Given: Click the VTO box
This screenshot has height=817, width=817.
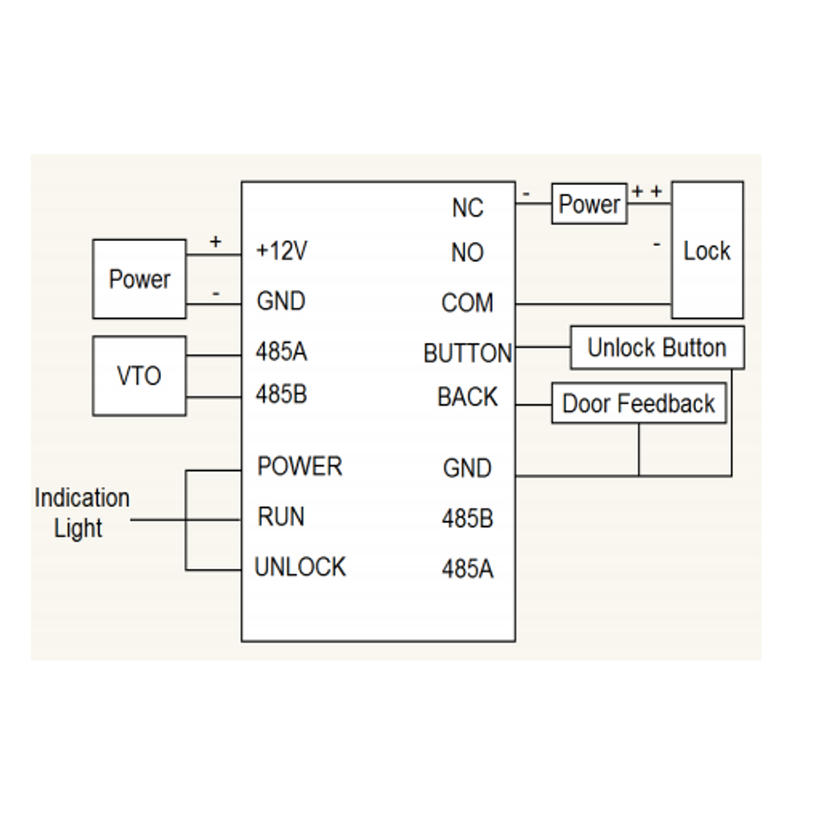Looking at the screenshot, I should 139,376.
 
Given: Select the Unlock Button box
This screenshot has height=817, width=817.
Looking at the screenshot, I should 657,348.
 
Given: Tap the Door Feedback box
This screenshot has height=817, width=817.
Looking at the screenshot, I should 639,404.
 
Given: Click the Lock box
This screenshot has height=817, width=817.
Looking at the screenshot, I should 707,251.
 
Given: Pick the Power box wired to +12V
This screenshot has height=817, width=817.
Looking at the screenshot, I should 139,279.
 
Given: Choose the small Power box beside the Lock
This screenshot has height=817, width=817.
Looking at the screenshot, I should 589,204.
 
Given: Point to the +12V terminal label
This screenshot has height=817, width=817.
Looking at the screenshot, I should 282,251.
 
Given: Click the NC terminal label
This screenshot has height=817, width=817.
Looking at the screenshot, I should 467,208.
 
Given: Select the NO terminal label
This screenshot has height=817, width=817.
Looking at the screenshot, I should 467,253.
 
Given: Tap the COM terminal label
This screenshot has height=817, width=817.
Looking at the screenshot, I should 467,304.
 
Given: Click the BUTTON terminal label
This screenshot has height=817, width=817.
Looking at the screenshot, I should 467,354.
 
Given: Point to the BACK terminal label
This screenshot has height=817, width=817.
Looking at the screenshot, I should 467,397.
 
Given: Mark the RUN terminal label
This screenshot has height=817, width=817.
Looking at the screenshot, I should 281,517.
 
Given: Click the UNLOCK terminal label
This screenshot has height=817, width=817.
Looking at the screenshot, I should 300,567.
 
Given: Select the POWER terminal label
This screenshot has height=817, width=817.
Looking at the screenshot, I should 300,467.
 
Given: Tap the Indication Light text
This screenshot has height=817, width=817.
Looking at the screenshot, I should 81,513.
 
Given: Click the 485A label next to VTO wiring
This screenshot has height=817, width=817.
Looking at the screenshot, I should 281,353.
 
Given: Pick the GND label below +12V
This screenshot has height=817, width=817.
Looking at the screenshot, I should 281,301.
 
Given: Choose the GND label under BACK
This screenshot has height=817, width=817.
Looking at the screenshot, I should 467,469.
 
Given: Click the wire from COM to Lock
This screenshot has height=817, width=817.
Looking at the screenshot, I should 592,305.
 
